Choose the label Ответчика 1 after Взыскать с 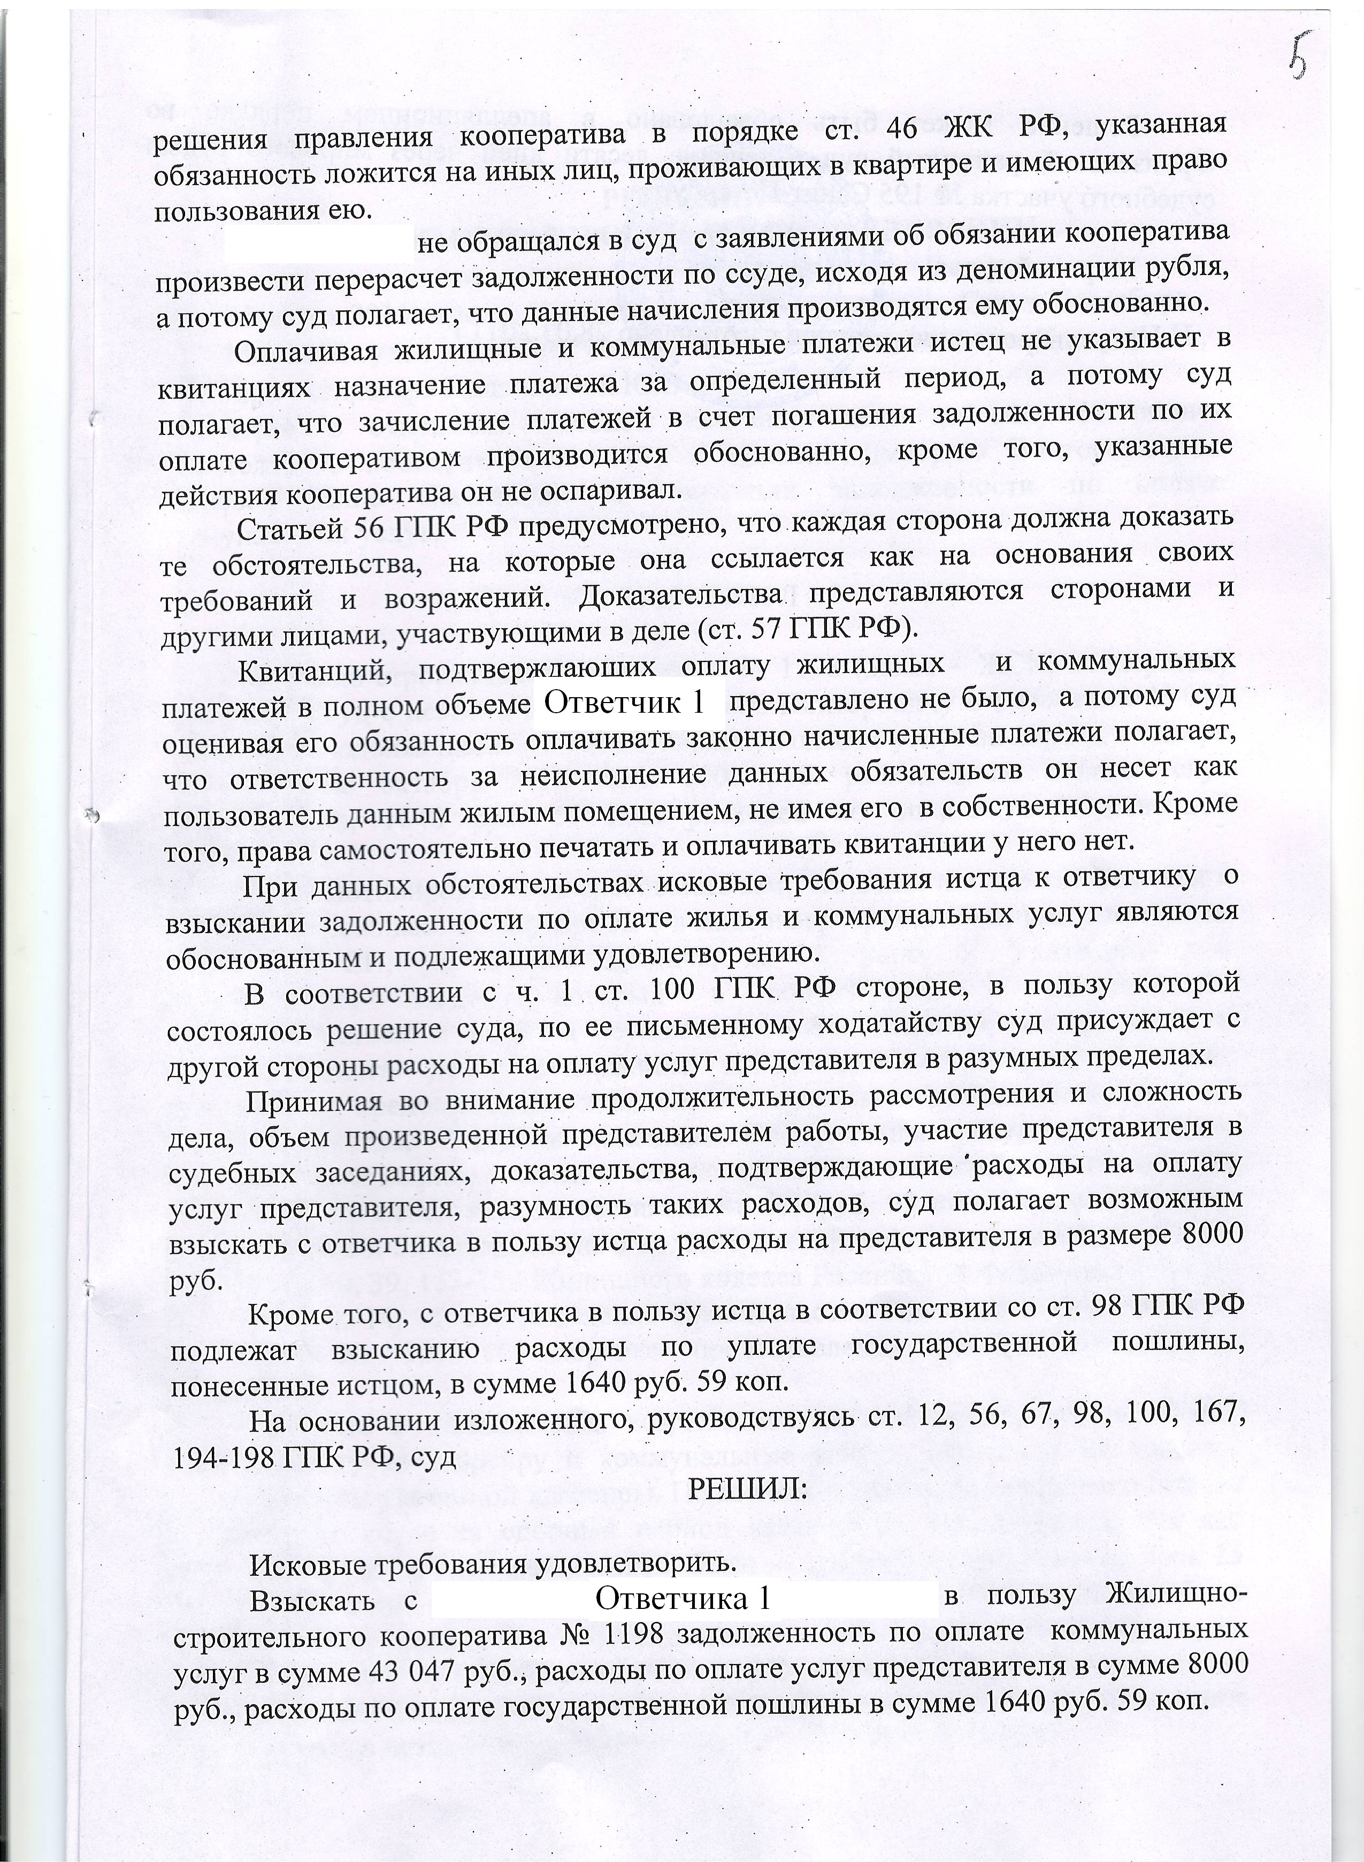point(682,1599)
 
